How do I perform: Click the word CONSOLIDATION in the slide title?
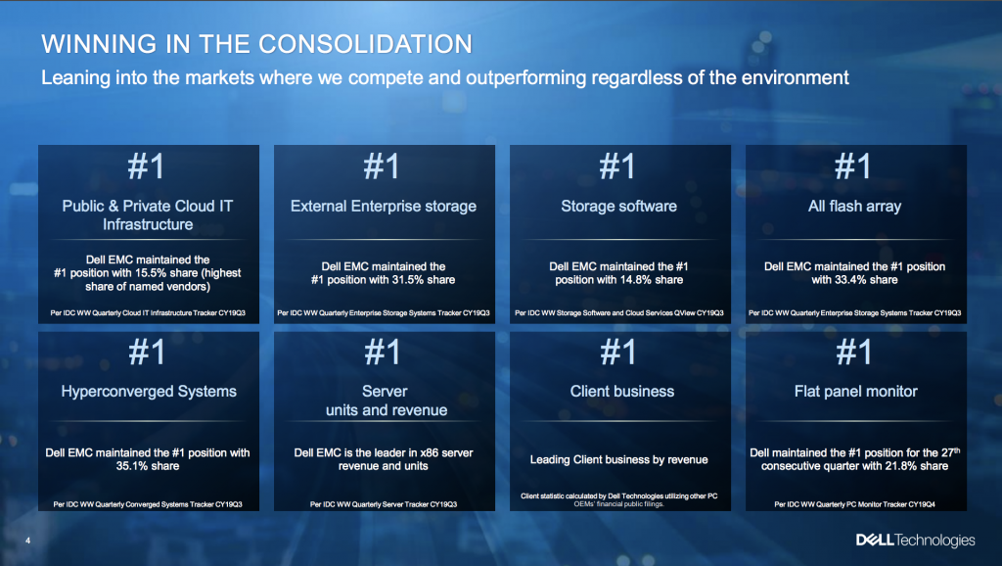coord(365,44)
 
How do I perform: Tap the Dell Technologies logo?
coord(915,541)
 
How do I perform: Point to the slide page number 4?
coord(27,541)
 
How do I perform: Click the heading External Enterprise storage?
coord(384,206)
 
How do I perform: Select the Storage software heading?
coord(618,206)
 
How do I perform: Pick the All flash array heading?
coord(854,206)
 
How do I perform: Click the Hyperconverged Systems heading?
coord(149,392)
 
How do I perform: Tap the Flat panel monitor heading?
coord(855,392)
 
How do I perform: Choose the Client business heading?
coord(621,392)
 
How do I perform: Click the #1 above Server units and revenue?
coord(383,352)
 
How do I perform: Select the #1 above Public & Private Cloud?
coord(147,166)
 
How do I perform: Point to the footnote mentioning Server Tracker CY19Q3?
coord(384,504)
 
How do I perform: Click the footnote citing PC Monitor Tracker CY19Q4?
coord(855,504)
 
